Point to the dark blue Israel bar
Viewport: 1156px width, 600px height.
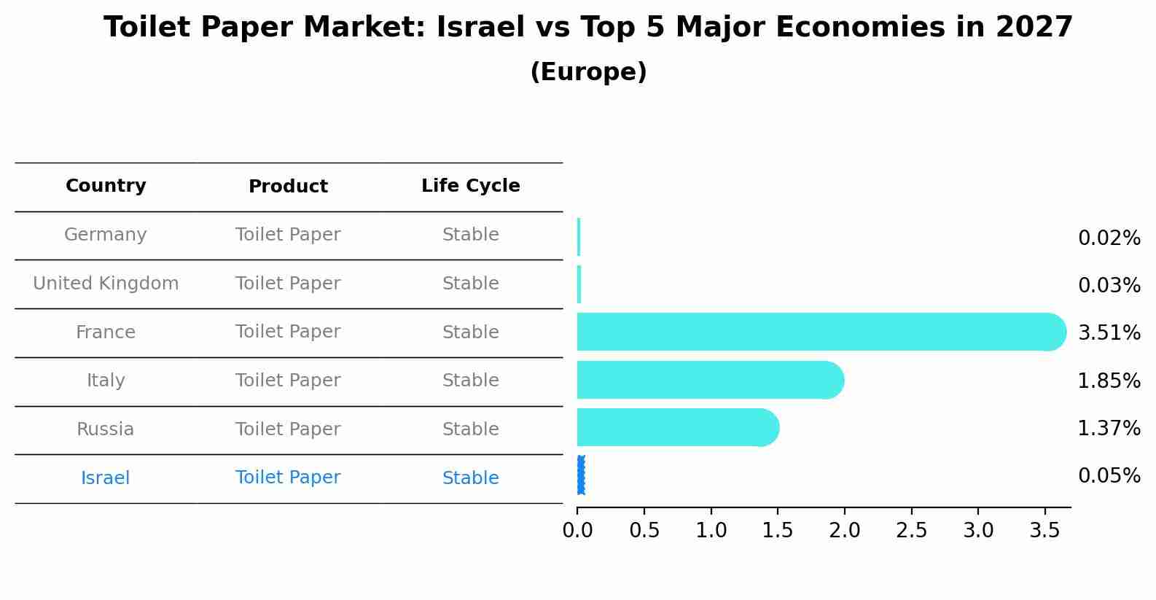tap(581, 475)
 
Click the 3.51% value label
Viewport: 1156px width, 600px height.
tap(1109, 333)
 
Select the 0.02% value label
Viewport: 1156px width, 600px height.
tap(1109, 238)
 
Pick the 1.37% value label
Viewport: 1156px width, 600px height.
tap(1109, 429)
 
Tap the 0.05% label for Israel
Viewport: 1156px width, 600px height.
tap(1109, 476)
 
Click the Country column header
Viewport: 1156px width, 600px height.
tap(106, 186)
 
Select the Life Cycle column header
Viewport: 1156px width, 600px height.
tap(470, 186)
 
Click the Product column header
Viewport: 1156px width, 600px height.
tap(288, 187)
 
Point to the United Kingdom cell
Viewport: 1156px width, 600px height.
tap(106, 284)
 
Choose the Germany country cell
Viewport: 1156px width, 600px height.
tap(106, 235)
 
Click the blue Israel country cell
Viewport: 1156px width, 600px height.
tap(106, 478)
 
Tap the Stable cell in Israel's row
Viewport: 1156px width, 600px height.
tap(470, 478)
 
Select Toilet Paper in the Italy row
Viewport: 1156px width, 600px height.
tap(288, 381)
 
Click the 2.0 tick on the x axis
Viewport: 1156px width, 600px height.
tap(844, 531)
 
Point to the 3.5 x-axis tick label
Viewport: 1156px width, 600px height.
tap(1044, 531)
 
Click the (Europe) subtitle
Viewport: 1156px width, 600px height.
tap(588, 72)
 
